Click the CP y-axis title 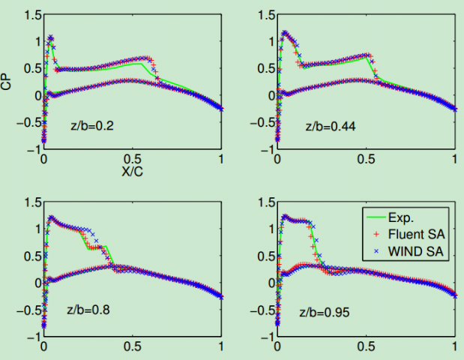tap(7, 82)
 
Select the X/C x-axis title tap(133, 171)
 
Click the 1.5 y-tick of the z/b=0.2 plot tap(31, 14)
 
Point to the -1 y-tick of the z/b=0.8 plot tap(34, 337)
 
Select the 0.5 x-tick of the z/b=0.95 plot tap(367, 348)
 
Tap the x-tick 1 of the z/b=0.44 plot tap(455, 160)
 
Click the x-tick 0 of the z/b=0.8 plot tap(44, 348)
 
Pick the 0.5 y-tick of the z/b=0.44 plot tap(265, 68)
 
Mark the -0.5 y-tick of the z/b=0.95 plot tap(261, 310)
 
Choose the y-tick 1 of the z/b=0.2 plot tap(36, 41)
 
